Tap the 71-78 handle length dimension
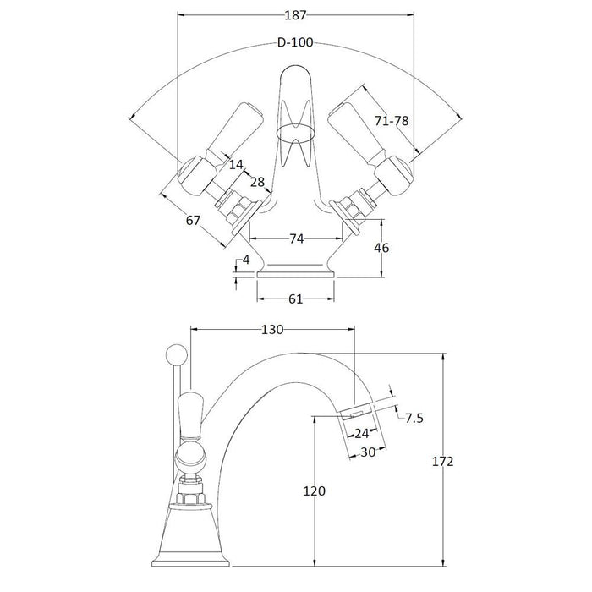[392, 121]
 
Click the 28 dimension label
[256, 183]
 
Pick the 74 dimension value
[295, 239]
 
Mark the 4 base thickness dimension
[246, 260]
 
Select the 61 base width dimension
[295, 299]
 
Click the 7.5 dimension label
[414, 419]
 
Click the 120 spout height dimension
[314, 491]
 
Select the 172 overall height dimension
[442, 462]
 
